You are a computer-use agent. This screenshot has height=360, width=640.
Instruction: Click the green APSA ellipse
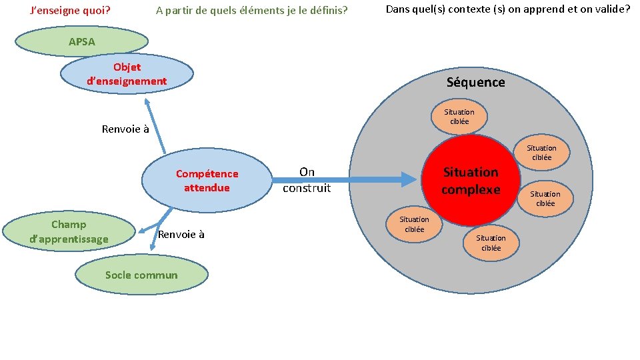[81, 41]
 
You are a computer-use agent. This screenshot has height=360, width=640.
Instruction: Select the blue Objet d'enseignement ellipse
[127, 74]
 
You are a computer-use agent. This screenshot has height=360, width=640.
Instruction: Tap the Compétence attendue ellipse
[207, 181]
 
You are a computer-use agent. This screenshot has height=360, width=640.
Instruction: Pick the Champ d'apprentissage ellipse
[69, 231]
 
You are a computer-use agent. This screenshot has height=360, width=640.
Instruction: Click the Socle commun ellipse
[141, 275]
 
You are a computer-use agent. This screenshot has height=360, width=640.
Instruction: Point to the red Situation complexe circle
[471, 181]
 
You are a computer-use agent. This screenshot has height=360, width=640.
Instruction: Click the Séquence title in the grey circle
[475, 82]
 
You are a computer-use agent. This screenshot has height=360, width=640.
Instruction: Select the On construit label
[307, 180]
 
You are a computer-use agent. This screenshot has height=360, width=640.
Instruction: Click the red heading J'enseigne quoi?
[71, 11]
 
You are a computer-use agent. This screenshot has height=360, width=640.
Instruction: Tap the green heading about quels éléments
[251, 11]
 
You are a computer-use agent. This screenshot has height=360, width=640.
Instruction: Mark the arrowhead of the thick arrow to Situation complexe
[408, 178]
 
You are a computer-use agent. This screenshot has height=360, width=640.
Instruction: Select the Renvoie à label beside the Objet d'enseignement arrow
[125, 129]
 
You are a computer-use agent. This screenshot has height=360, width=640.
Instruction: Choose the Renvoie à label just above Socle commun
[181, 234]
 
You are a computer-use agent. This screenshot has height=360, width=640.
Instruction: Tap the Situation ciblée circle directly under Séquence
[459, 117]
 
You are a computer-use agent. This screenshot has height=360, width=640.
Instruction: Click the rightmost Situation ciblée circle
[545, 199]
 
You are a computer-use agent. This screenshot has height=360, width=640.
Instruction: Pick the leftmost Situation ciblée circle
[414, 224]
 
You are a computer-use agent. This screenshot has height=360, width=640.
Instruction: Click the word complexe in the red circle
[471, 189]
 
